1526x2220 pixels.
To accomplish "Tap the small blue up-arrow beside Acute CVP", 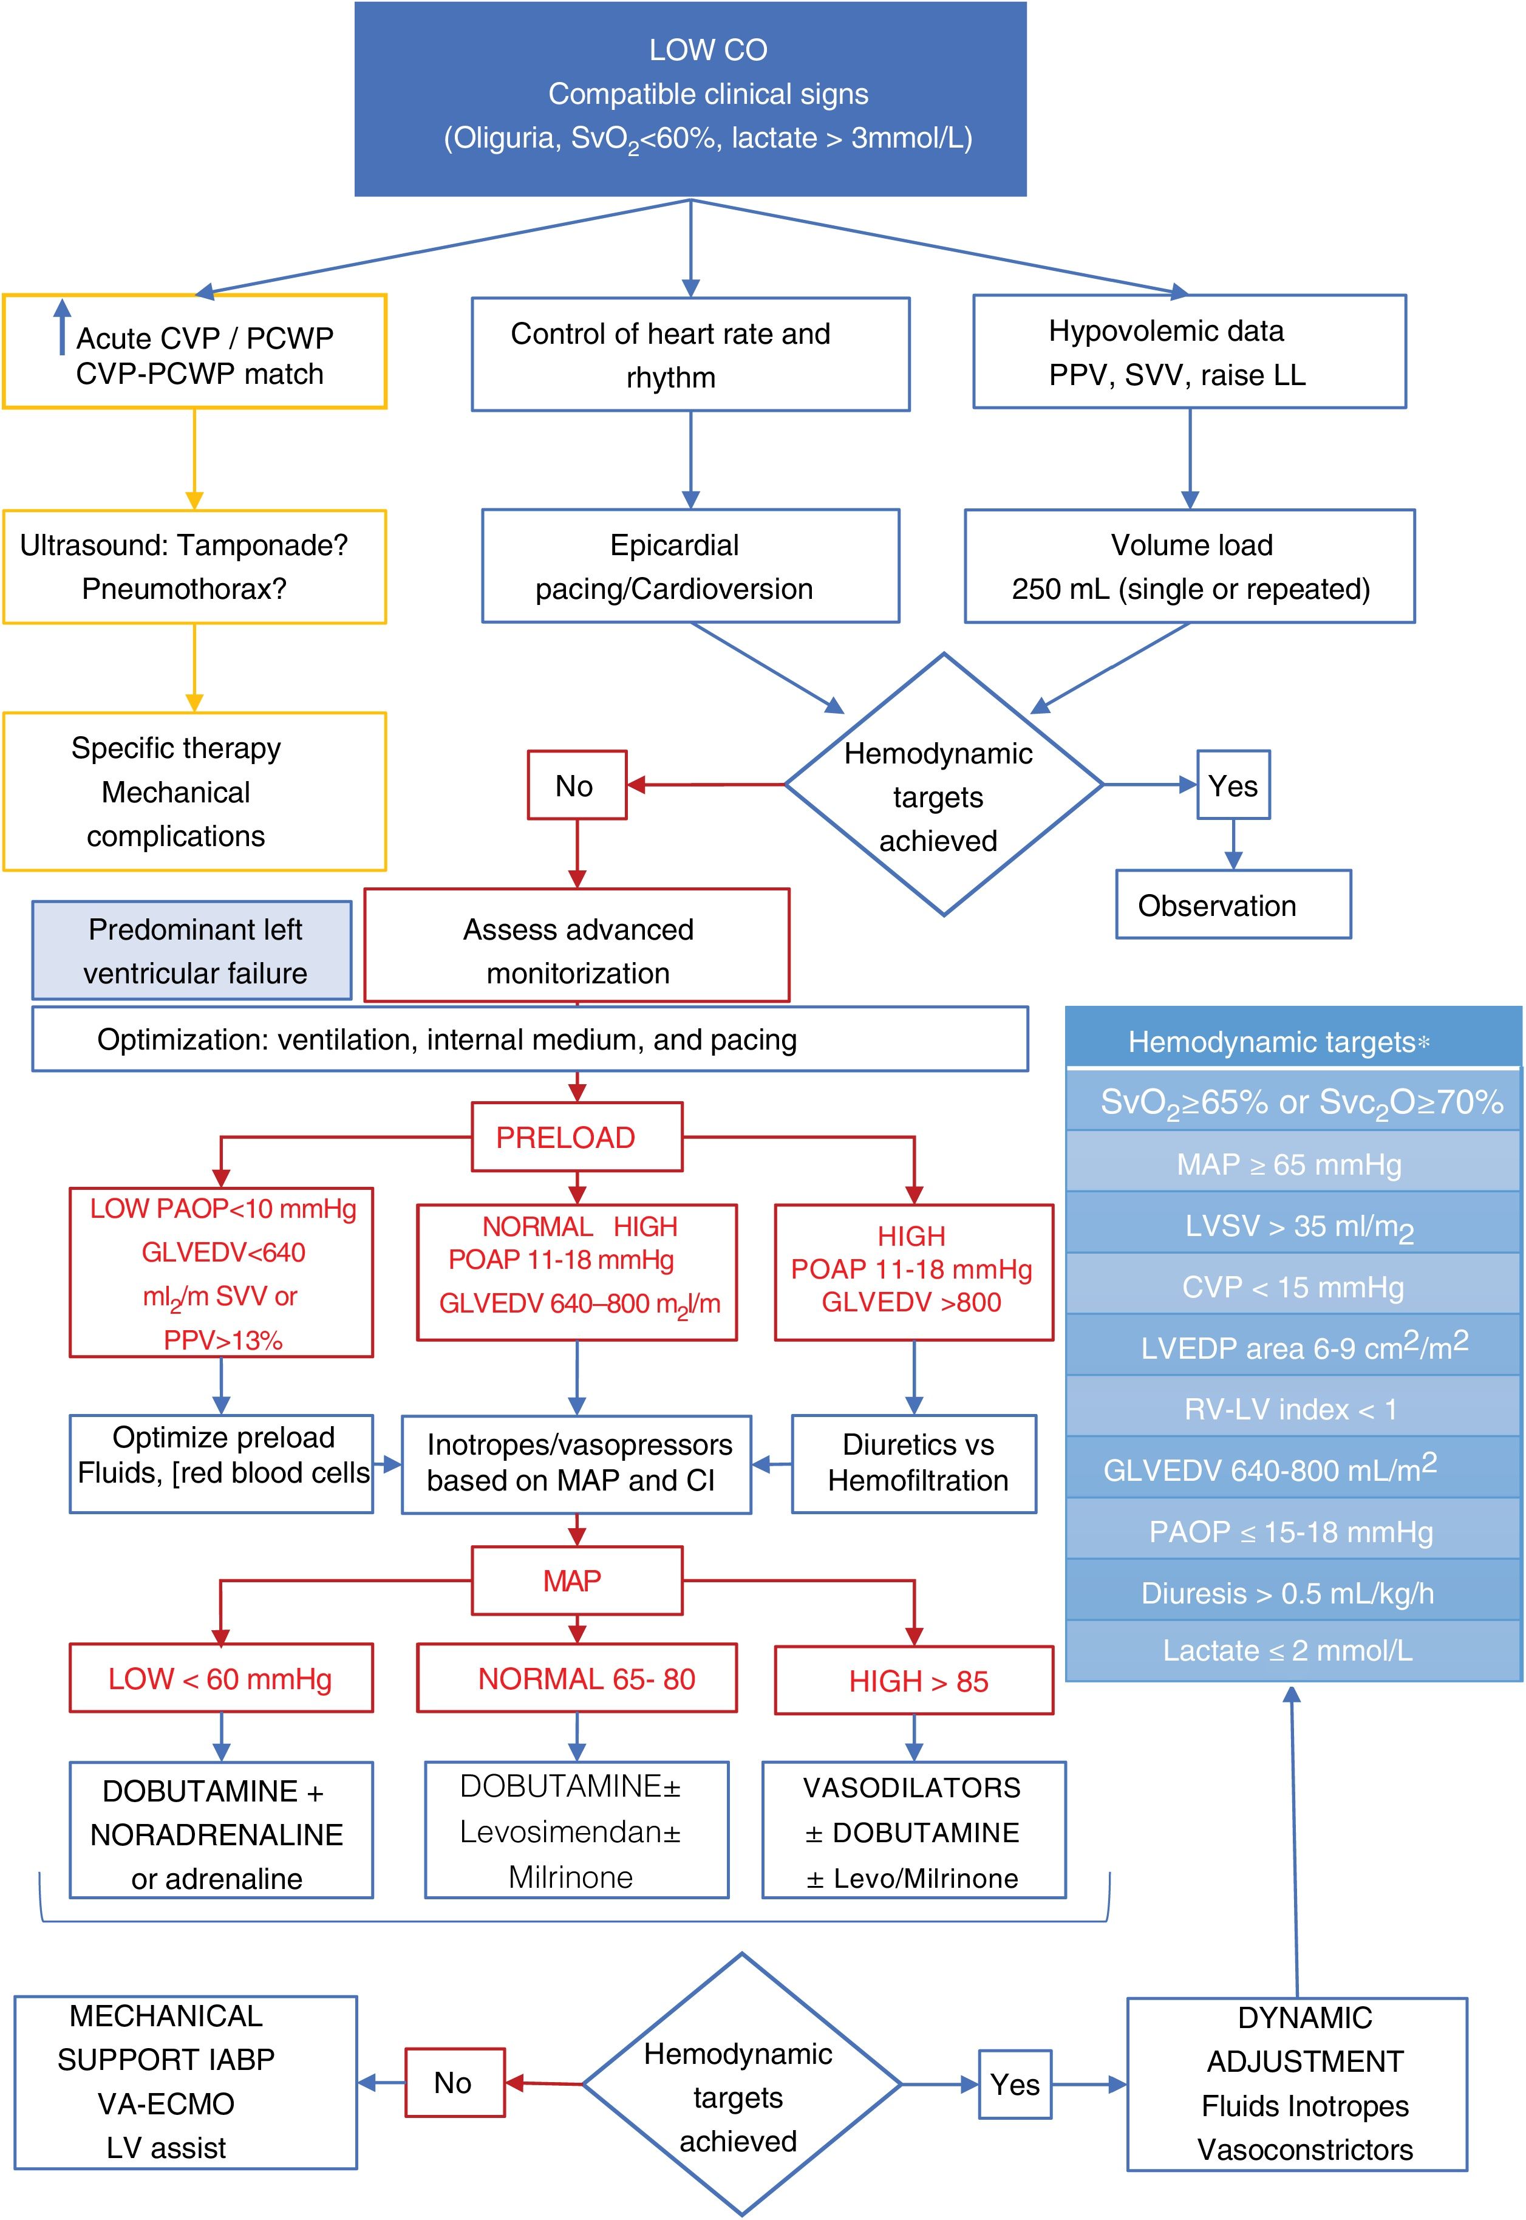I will pyautogui.click(x=62, y=325).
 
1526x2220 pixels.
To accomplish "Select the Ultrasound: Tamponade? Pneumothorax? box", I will pyautogui.click(x=194, y=566).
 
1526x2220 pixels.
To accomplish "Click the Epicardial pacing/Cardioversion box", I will pyautogui.click(x=690, y=566).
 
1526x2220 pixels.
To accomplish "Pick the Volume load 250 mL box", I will pyautogui.click(x=1190, y=566).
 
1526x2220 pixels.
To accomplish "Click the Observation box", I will pyautogui.click(x=1233, y=904).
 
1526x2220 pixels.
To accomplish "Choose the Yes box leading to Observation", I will pyautogui.click(x=1233, y=785).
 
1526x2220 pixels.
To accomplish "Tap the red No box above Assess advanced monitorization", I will pyautogui.click(x=576, y=785).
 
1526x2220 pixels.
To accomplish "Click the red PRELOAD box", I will pyautogui.click(x=576, y=1137).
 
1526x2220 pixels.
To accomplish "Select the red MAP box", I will pyautogui.click(x=576, y=1580).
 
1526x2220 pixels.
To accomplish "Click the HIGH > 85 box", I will pyautogui.click(x=914, y=1680).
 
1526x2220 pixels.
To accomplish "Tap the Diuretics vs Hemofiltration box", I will pyautogui.click(x=914, y=1463).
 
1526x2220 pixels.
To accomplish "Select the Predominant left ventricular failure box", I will pyautogui.click(x=192, y=951).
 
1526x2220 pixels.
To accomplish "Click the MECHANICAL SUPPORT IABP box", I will pyautogui.click(x=185, y=2082).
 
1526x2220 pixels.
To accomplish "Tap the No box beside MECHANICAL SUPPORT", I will pyautogui.click(x=454, y=2082).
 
